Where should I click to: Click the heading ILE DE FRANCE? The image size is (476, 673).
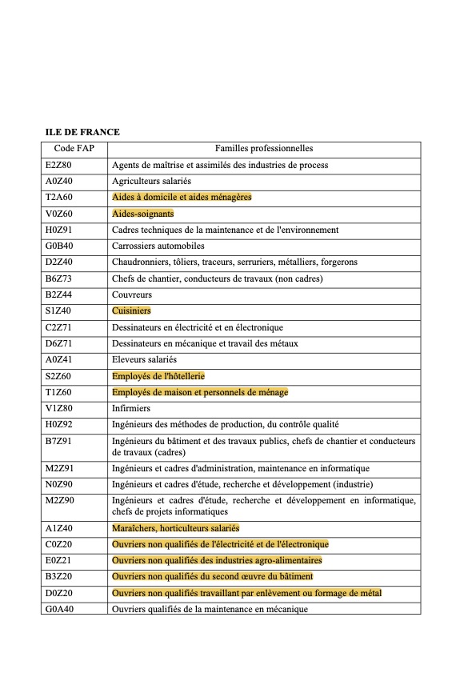(82, 132)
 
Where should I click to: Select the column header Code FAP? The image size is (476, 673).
(74, 149)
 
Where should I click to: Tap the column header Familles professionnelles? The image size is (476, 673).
(264, 149)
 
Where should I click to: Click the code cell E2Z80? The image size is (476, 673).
(58, 165)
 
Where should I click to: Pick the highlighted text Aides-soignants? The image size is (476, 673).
(142, 214)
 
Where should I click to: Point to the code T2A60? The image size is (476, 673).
(58, 198)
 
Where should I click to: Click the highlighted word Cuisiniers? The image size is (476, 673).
(131, 310)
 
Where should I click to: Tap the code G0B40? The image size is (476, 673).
(58, 246)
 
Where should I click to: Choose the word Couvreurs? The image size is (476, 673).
(131, 294)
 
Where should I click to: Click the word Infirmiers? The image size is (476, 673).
(131, 408)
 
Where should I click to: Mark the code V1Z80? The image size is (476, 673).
(58, 408)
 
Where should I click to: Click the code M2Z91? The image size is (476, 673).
(60, 468)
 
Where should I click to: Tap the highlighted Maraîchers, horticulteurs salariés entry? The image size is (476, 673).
(175, 528)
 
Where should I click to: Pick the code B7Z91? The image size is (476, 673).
(58, 441)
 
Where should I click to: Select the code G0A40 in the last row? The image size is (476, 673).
(59, 609)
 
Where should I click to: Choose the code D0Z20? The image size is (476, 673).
(58, 593)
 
